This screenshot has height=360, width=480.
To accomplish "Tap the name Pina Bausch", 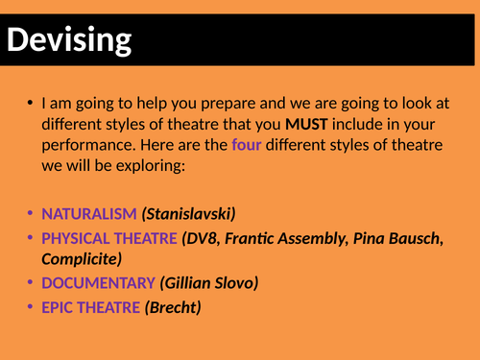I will tap(396, 237).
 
